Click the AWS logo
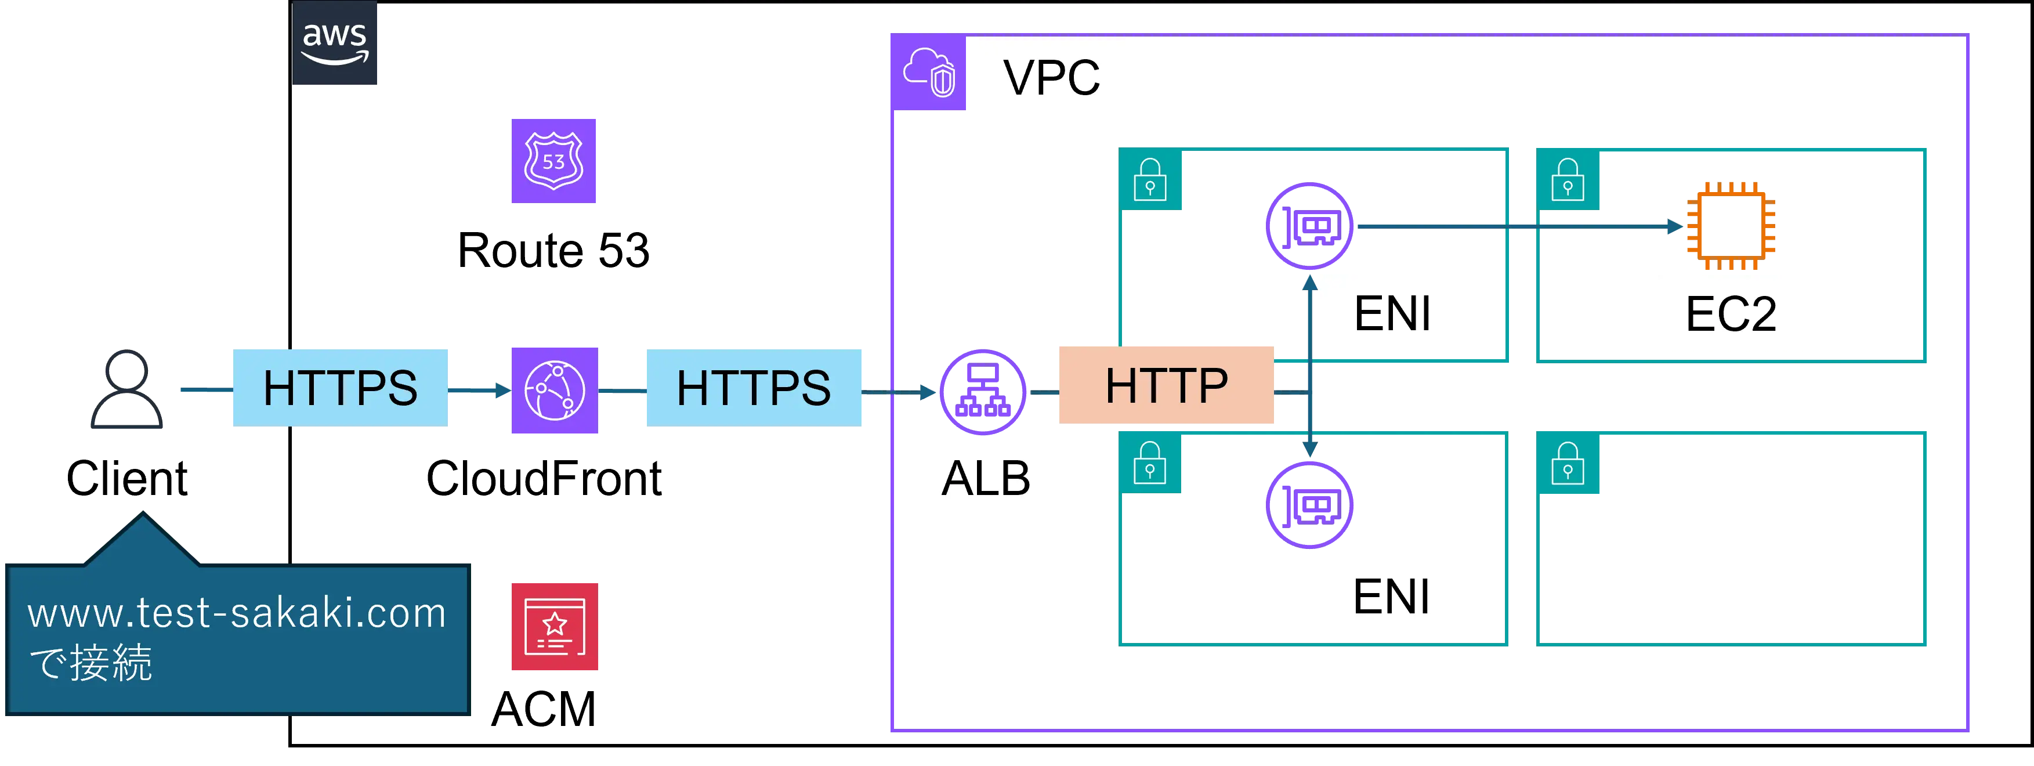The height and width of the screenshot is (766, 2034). pyautogui.click(x=335, y=44)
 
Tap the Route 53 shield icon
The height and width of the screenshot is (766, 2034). pyautogui.click(x=553, y=160)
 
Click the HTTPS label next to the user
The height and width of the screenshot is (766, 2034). pyautogui.click(x=341, y=388)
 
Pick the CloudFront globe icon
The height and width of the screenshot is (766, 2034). pyautogui.click(x=553, y=390)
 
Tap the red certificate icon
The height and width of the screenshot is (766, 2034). pyautogui.click(x=553, y=627)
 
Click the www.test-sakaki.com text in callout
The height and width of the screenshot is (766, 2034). pyautogui.click(x=237, y=613)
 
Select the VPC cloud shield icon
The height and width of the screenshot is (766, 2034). pyautogui.click(x=929, y=73)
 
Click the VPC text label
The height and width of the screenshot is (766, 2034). pyautogui.click(x=1052, y=77)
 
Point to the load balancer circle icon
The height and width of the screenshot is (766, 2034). pyautogui.click(x=982, y=392)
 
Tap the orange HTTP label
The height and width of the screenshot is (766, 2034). pyautogui.click(x=1166, y=385)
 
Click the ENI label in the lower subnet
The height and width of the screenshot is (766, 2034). pyautogui.click(x=1391, y=596)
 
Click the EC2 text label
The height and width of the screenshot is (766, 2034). pyautogui.click(x=1730, y=313)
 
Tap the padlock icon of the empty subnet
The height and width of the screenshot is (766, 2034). pyautogui.click(x=1568, y=464)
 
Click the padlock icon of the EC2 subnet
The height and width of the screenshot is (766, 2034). pyautogui.click(x=1568, y=181)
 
